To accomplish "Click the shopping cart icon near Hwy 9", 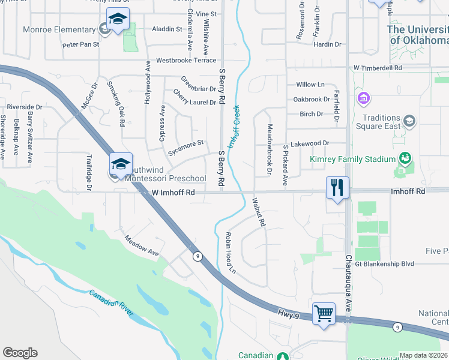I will click(324, 313).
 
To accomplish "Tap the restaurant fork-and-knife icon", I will click(338, 188).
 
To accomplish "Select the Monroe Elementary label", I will click(59, 29).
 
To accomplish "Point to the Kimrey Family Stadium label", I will click(352, 159).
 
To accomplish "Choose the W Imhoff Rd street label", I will click(173, 193).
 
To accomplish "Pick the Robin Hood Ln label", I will click(231, 254).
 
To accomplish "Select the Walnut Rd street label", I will click(259, 212).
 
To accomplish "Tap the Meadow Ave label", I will click(141, 245).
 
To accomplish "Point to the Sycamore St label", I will click(186, 148).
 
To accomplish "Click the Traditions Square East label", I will click(381, 122).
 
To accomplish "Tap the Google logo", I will click(20, 353).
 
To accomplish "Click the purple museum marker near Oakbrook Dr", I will click(363, 98).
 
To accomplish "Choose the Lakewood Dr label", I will click(310, 143).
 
